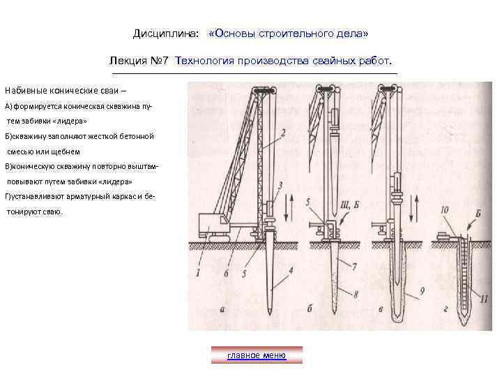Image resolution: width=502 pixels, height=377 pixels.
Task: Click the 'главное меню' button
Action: (x=257, y=355)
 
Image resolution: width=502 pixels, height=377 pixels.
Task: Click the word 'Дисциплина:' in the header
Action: (x=166, y=34)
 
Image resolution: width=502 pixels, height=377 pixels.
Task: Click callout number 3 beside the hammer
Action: (x=280, y=185)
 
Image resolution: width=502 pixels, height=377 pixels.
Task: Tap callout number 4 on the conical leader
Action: (x=291, y=269)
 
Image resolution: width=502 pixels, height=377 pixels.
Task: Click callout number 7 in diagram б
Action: (x=354, y=266)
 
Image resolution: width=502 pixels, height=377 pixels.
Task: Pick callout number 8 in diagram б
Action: (x=356, y=294)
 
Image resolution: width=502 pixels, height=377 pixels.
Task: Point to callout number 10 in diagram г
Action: (x=445, y=209)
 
